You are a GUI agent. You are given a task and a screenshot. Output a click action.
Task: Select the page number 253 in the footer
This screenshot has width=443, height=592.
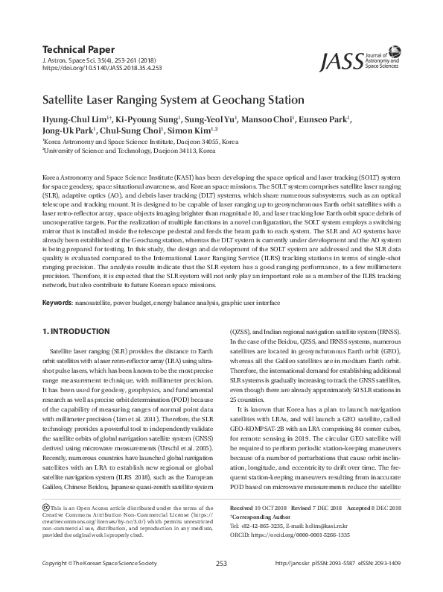click(x=221, y=584)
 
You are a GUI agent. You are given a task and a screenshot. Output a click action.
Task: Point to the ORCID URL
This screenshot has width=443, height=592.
click(x=287, y=535)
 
